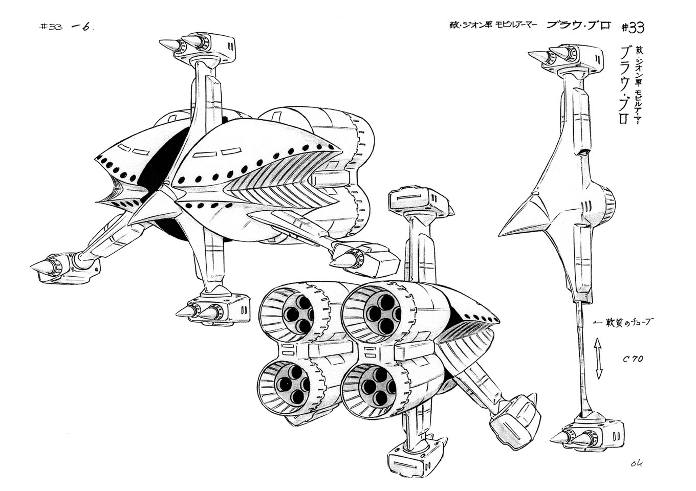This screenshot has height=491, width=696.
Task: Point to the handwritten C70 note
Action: coord(633,359)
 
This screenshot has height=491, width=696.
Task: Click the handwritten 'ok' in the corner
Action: coord(637,464)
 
